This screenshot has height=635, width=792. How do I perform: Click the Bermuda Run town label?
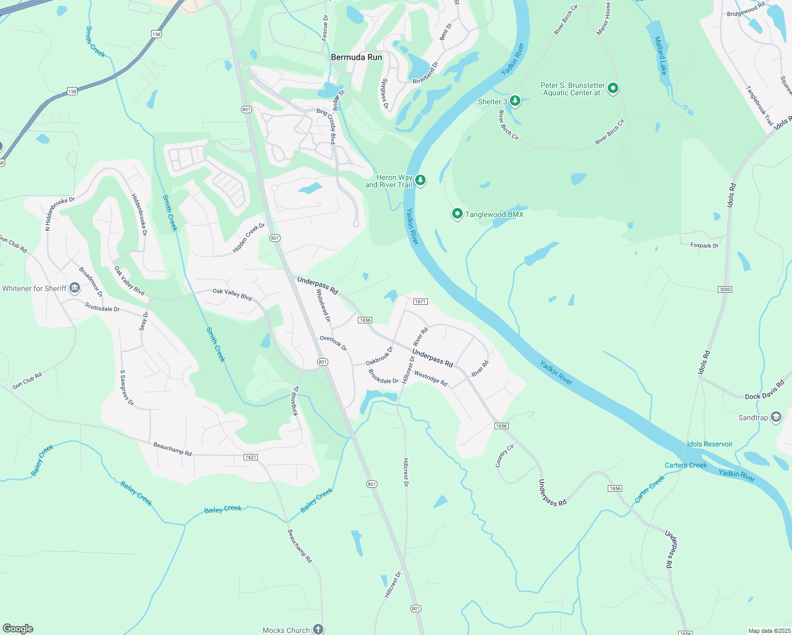click(356, 57)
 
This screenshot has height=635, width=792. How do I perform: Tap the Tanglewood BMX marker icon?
click(457, 214)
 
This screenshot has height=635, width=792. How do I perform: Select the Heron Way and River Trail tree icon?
click(420, 180)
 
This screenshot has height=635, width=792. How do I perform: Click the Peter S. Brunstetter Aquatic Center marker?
click(613, 88)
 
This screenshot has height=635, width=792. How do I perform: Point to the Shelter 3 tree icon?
click(515, 101)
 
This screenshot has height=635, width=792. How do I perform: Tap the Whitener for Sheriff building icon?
click(75, 288)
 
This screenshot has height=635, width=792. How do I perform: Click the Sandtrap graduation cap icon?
click(776, 417)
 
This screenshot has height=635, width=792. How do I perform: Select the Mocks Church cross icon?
click(318, 629)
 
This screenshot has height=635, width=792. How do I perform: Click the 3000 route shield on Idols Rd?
click(725, 289)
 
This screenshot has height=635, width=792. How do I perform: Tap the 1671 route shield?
click(420, 302)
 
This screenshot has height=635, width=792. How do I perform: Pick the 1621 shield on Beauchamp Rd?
click(251, 457)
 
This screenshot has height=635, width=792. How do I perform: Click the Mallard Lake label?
click(661, 55)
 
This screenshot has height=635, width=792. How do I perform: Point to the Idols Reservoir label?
click(710, 444)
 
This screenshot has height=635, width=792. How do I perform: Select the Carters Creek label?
click(686, 465)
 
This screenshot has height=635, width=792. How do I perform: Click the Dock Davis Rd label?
click(764, 390)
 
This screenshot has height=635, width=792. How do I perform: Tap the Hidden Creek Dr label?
click(249, 238)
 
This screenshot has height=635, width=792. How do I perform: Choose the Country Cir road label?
click(505, 456)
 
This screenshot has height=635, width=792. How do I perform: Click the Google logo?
click(17, 629)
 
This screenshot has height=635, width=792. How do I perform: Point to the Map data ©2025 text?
click(769, 631)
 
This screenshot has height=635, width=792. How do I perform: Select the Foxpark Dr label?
click(704, 246)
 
